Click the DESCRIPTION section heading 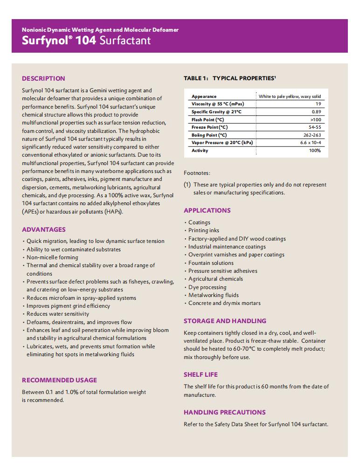coord(43,78)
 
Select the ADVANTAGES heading coord(44,229)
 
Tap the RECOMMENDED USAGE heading coord(60,380)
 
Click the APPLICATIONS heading coord(207,210)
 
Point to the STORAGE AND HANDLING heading coord(225,321)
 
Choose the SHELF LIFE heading coord(201,374)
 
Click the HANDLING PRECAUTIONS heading coord(225,412)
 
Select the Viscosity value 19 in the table coord(318,104)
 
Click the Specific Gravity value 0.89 coord(316,112)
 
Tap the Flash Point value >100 coord(316,120)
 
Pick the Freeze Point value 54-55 coord(315,127)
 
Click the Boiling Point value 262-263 coord(312,135)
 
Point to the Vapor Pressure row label coord(222,143)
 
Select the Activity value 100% coord(315,151)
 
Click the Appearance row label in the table coord(204,97)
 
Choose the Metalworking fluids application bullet coord(214,295)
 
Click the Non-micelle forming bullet coord(52,257)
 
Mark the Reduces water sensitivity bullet coord(58,314)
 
